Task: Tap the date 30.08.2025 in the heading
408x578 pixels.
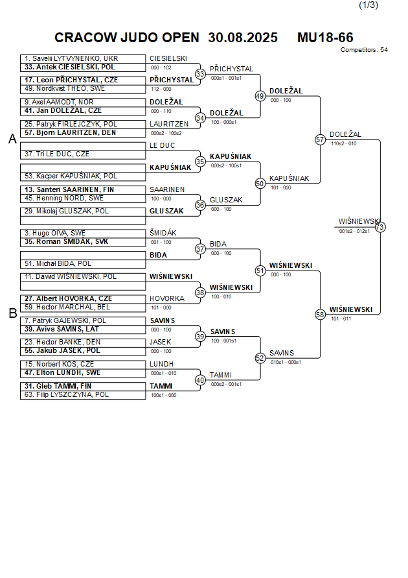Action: point(243,38)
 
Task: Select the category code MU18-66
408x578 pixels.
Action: point(325,38)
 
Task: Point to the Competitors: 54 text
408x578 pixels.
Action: point(364,49)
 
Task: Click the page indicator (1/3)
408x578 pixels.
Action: point(368,5)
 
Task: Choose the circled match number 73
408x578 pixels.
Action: point(380,227)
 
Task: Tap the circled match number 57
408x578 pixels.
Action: point(320,139)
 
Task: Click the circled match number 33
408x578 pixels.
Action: point(200,74)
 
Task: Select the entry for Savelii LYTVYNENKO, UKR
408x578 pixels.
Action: point(71,58)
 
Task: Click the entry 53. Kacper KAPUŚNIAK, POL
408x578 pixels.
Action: point(71,176)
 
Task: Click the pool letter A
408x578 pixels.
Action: point(12,139)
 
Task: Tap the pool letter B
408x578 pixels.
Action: point(12,313)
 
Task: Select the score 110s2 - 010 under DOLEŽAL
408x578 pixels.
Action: point(343,143)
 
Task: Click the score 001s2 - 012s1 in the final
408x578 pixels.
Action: point(354,231)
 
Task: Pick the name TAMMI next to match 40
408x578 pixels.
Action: point(221,375)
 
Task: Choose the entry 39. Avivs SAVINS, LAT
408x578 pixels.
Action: point(62,329)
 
